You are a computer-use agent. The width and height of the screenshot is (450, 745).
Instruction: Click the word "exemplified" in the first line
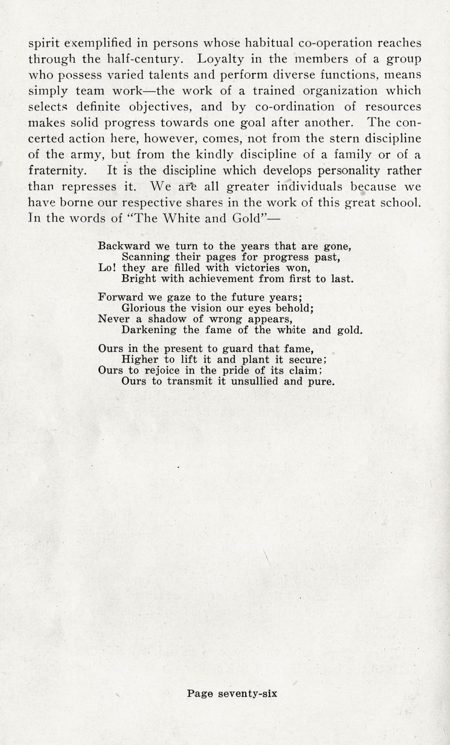pyautogui.click(x=92, y=43)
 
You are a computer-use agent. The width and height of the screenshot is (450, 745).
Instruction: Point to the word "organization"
pyautogui.click(x=332, y=90)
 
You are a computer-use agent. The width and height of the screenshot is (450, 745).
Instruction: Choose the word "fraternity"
pyautogui.click(x=56, y=171)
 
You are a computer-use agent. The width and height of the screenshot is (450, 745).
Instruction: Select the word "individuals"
pyautogui.click(x=311, y=186)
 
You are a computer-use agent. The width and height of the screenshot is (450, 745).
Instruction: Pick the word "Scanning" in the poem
pyautogui.click(x=146, y=257)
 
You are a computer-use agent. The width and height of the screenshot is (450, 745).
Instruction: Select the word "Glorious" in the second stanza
pyautogui.click(x=145, y=308)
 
